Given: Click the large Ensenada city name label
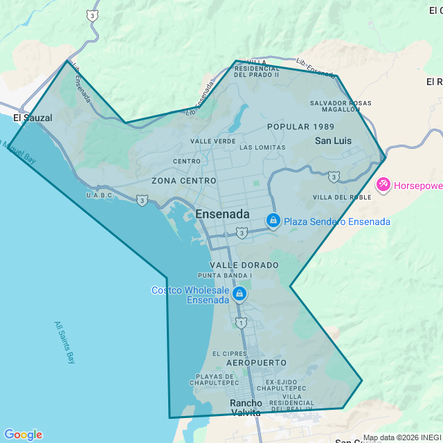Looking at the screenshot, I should [222, 215].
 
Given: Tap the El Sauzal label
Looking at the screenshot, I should [33, 118].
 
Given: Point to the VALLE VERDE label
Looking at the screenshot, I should [213, 141].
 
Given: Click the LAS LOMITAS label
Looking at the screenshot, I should [262, 147].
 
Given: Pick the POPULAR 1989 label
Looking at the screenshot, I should [300, 127].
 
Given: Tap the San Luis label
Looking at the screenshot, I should [333, 141].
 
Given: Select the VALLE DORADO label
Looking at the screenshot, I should [244, 265].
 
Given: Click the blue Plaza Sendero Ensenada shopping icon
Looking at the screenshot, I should [273, 221].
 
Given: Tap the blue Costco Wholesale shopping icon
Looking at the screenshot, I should [239, 294].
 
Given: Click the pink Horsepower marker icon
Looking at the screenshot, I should [383, 185].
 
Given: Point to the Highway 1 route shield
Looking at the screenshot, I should [240, 323].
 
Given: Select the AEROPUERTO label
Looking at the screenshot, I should [255, 363].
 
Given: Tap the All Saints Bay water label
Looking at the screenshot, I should [65, 342].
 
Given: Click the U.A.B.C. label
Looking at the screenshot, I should [99, 196].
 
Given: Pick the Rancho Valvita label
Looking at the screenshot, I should [246, 408].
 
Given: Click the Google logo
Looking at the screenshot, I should [23, 435].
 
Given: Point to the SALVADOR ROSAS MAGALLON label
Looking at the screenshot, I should [341, 106].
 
